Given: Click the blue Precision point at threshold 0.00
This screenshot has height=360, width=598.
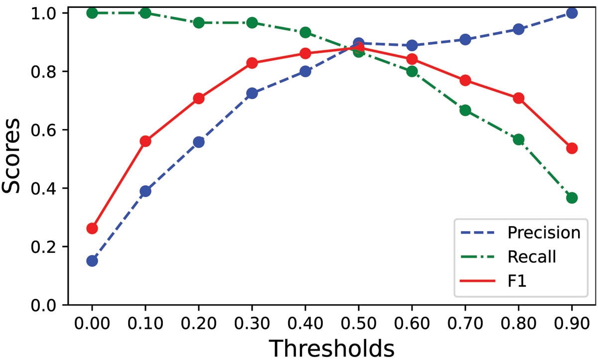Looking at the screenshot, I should pos(92,260).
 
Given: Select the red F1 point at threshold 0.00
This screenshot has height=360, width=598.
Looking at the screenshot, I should pos(92,228).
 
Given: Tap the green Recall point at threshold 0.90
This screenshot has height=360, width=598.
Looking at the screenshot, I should pos(572,198).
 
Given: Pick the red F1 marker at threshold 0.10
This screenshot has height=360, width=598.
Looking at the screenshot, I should pos(146,141).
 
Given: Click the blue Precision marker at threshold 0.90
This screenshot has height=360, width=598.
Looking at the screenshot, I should pos(572,13).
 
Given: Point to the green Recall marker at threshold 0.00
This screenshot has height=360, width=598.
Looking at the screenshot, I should pos(92,13).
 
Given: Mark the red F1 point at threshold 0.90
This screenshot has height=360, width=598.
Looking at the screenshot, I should pos(572,148).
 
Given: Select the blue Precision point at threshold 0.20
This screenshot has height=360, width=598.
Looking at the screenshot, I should pos(199,142).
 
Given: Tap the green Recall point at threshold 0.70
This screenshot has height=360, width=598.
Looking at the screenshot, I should pos(465,110).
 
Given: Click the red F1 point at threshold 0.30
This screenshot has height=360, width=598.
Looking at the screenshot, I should pos(252,63).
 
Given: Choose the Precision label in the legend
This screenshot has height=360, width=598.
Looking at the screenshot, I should pos(544,233).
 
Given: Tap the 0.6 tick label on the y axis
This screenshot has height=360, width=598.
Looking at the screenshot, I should pos(46,130).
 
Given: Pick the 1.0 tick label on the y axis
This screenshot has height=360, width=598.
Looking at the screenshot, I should pos(46,13).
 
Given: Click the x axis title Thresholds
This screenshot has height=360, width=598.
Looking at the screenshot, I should pos(332,348).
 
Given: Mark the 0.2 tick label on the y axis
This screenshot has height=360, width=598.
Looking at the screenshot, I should pos(46,247).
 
